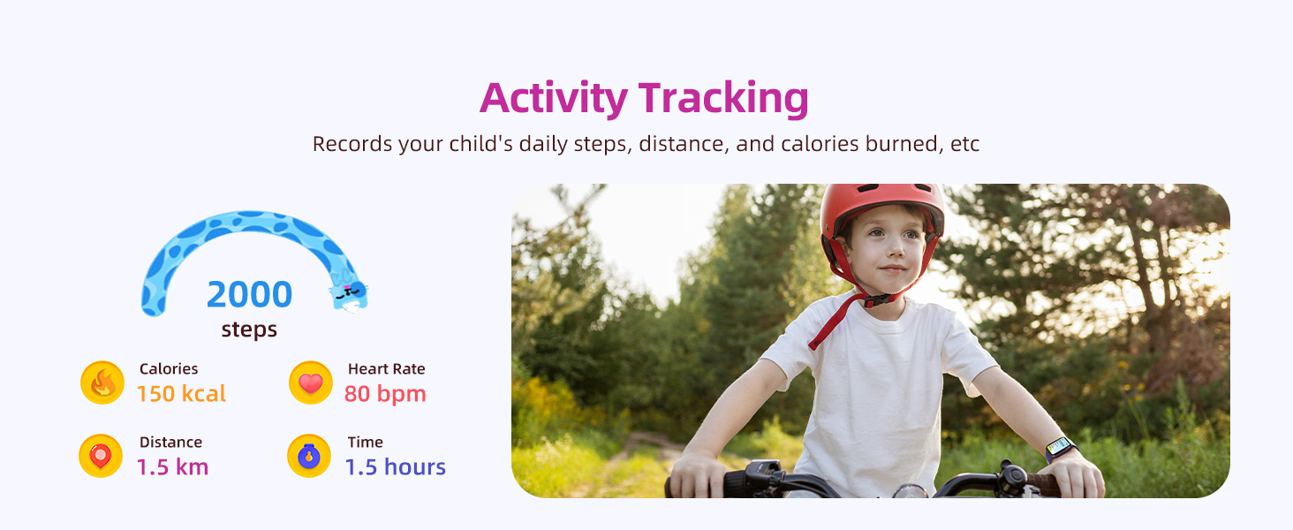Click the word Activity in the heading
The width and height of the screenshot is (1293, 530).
point(553,98)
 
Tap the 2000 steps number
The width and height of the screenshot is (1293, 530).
point(249,295)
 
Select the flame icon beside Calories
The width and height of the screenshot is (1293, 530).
point(102,383)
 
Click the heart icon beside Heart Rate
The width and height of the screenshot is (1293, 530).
point(310,383)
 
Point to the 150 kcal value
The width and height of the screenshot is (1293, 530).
point(181,394)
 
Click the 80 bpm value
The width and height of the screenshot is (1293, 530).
point(385,394)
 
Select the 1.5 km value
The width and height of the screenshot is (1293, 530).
point(172,467)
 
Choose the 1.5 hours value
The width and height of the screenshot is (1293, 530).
point(395,467)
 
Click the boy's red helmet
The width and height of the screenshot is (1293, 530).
point(881,208)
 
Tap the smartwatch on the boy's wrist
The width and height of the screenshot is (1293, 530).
point(1060,448)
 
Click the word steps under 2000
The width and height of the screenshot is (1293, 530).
point(249,330)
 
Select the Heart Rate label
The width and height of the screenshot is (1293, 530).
point(386,369)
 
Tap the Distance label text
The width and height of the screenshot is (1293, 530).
point(170,443)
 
